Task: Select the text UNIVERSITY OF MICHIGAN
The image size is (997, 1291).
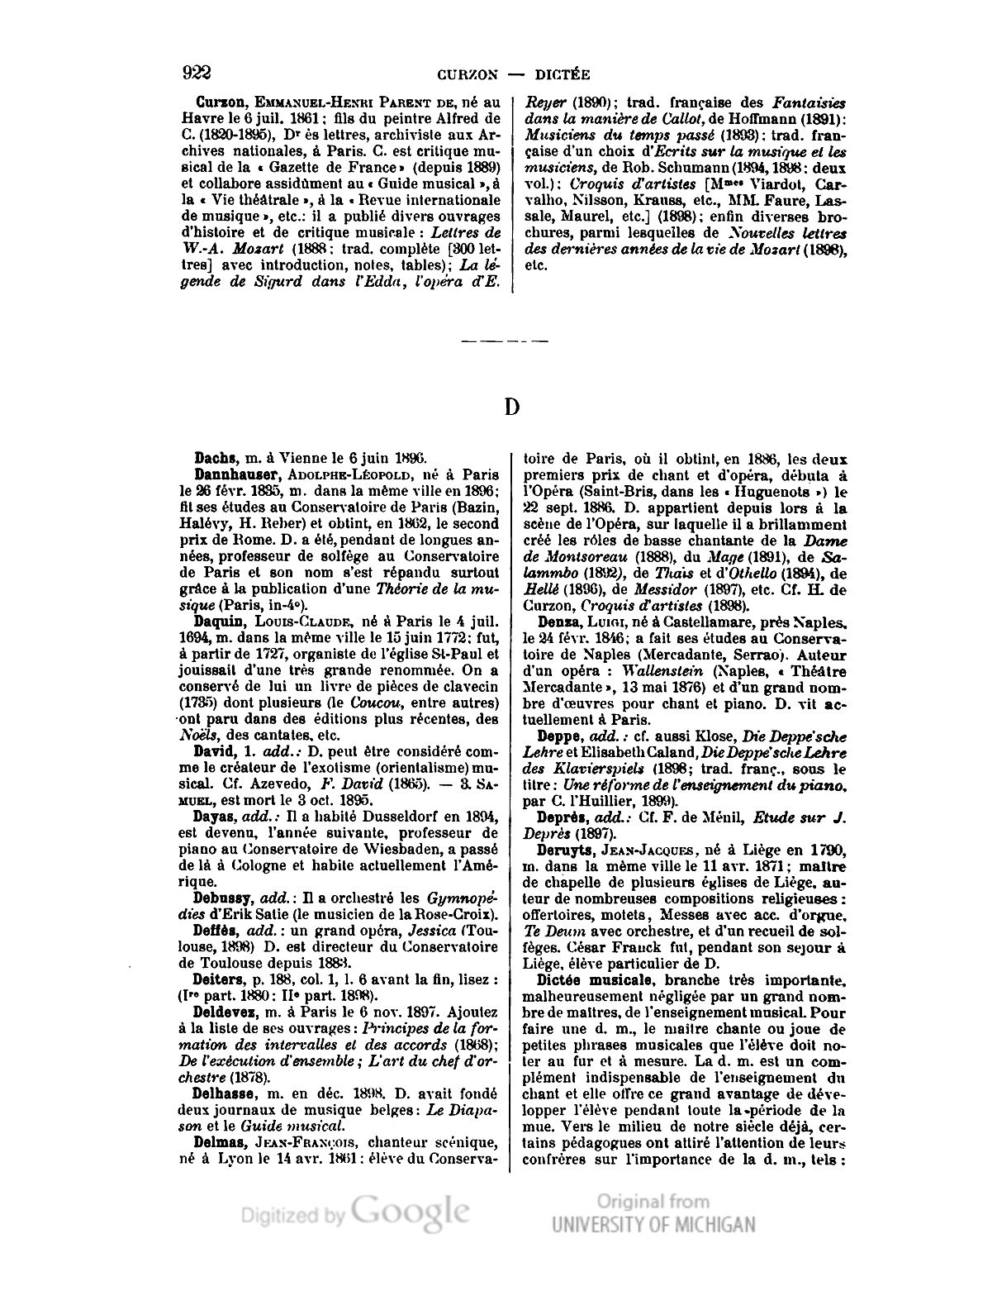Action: coord(653,1224)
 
